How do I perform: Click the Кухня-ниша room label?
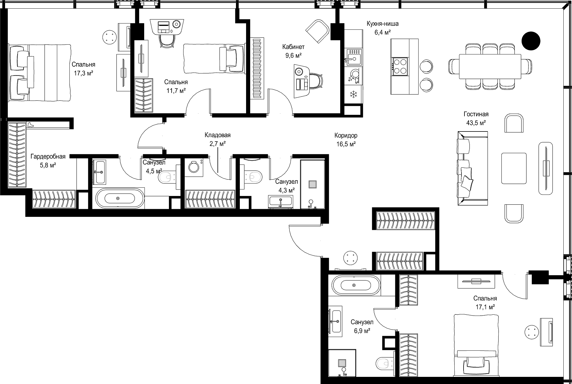383,24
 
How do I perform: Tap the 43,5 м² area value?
476,123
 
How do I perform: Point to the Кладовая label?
217,135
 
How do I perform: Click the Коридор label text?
346,136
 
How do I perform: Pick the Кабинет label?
293,47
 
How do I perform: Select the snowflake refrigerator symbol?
354,95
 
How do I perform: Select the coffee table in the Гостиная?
514,168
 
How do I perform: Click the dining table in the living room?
490,66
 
